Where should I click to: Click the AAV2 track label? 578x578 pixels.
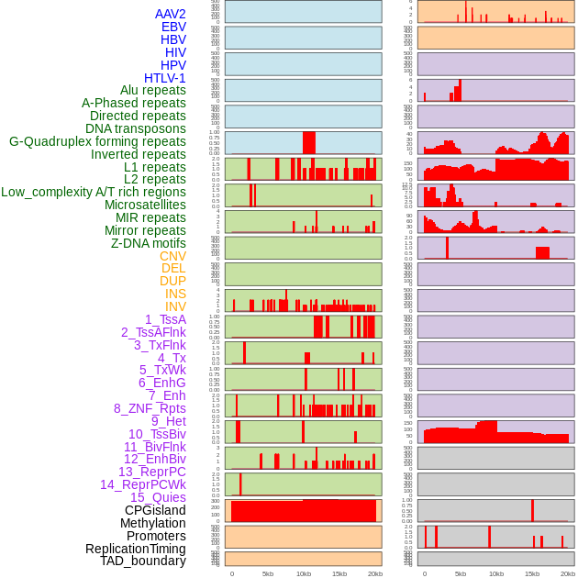pos(170,14)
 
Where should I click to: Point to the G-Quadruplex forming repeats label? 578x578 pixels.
pos(97,141)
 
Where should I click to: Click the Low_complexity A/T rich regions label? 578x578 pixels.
pos(94,192)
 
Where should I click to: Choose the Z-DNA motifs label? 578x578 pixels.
pos(149,243)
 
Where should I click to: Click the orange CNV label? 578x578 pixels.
pos(172,256)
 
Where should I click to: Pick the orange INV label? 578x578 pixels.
pos(175,306)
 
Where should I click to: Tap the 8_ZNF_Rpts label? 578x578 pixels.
pos(150,408)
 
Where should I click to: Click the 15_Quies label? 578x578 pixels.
pos(158,497)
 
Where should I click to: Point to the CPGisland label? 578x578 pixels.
pos(155,510)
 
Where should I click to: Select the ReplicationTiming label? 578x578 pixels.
pos(135,549)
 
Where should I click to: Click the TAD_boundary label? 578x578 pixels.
pos(143,561)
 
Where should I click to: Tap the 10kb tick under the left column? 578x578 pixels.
pos(304,573)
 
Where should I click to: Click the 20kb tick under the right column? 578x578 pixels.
pos(568,573)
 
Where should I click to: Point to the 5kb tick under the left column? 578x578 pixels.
pos(268,573)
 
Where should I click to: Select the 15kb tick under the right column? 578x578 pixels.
pos(532,573)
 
